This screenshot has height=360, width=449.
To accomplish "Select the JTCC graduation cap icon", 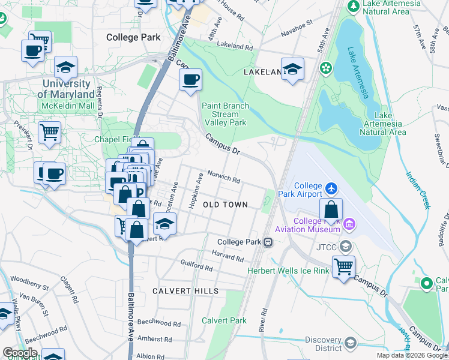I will coord(345,247).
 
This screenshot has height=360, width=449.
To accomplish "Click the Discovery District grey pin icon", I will coord(351,342).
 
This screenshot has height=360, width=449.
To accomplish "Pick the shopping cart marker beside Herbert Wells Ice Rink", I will coord(343,265).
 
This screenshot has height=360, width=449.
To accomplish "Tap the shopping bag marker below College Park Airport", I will coord(331,210).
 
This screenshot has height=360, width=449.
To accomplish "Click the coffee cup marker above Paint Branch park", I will coord(190,80).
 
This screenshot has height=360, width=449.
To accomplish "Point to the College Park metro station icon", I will coord(268,242).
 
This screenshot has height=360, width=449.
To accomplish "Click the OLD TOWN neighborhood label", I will coord(225,205).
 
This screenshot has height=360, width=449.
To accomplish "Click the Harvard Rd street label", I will coord(228,256).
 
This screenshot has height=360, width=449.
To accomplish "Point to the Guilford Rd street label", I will coord(196,265).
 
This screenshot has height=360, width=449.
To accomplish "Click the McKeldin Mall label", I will coord(68,106).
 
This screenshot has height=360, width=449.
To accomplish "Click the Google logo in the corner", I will coord(20,353).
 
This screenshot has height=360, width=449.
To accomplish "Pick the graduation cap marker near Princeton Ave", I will coord(164,224).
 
